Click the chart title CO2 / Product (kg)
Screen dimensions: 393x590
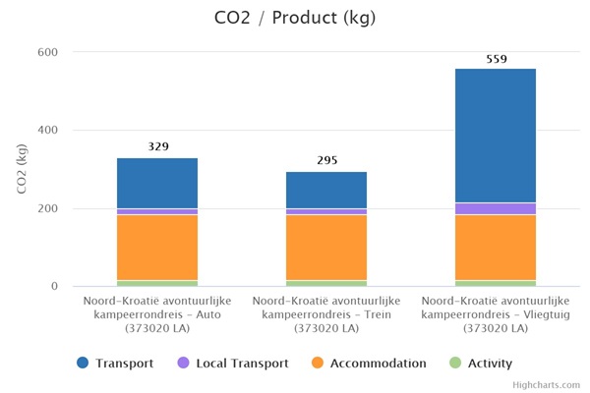[x=295, y=18]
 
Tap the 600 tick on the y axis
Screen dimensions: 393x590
[x=46, y=52]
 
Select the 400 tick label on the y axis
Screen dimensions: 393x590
[x=46, y=131]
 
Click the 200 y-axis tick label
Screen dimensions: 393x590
[x=46, y=208]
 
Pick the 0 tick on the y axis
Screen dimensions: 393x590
[x=53, y=287]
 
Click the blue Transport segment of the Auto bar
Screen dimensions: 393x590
[x=157, y=183]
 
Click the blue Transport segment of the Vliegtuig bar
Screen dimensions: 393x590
[x=495, y=136]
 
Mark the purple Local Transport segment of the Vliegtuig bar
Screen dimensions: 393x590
[x=495, y=208]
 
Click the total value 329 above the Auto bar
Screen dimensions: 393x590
[x=158, y=147]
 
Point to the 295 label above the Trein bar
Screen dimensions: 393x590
[x=326, y=160]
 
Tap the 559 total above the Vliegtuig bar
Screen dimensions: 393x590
[x=496, y=59]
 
